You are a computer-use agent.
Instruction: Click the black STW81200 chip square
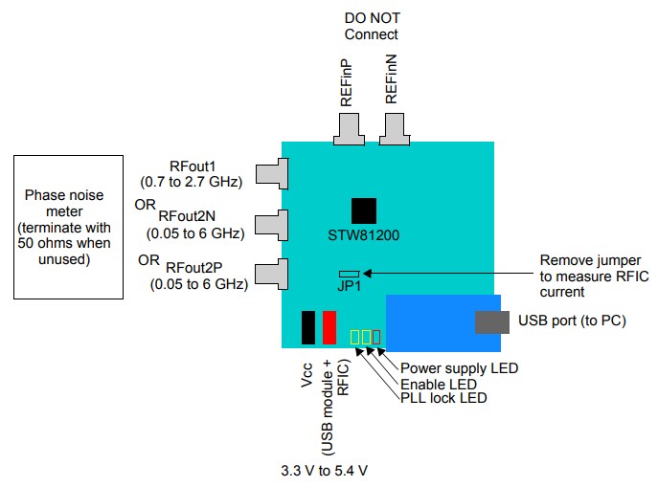coord(363,210)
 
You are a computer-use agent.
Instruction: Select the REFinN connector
coord(393,127)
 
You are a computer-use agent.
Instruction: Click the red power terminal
coord(329,326)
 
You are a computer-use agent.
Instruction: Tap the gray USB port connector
coord(492,321)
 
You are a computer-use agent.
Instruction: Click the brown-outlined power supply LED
coord(376,337)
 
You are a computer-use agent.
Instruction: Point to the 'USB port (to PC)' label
coord(572,321)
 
